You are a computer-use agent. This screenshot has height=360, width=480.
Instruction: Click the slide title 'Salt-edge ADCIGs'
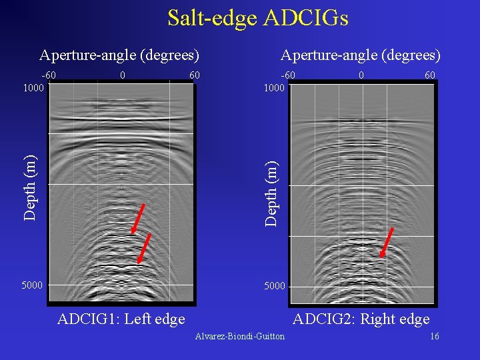point(257,18)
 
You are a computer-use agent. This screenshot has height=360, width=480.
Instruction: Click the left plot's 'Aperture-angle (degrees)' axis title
point(119,55)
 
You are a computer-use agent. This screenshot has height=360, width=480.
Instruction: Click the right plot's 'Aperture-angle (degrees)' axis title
point(361,55)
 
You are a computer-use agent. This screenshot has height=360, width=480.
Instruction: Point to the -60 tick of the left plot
point(49,75)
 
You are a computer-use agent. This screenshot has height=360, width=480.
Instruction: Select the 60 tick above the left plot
point(195,75)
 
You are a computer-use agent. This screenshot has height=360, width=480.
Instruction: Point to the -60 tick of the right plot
point(288,75)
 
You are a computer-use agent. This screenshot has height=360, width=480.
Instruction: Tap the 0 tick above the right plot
point(361,75)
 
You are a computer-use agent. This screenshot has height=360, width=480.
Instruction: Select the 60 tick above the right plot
point(430,75)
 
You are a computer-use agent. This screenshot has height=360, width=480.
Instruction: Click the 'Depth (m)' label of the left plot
point(30,186)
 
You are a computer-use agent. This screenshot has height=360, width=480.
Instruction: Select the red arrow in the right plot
point(387,242)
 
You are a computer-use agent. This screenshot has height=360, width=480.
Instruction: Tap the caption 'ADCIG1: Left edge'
point(121,319)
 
